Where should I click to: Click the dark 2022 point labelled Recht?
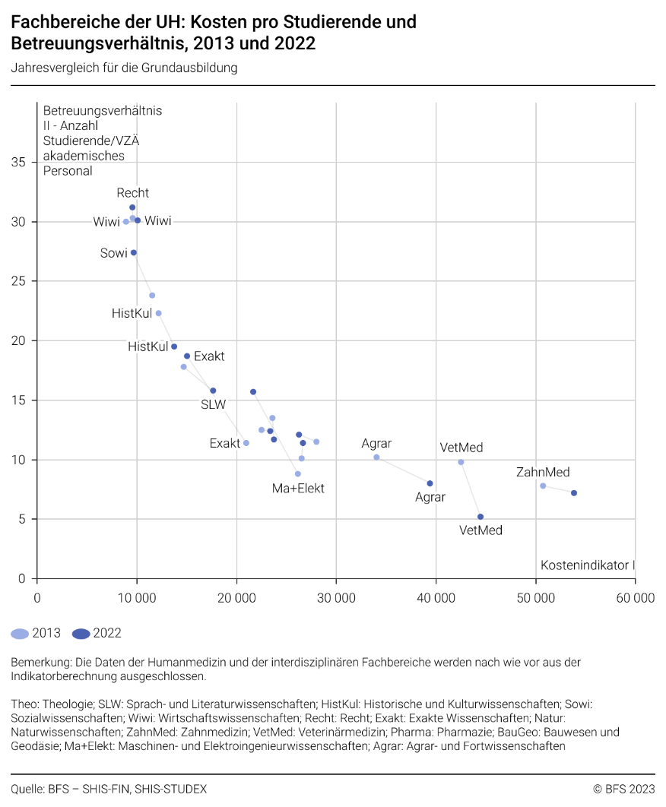132,207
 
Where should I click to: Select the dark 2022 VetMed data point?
480,517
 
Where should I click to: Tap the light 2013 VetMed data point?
461,462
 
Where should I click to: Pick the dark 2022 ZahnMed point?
574,493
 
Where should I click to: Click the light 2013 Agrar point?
376,457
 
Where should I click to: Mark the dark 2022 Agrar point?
430,483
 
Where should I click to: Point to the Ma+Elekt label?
298,489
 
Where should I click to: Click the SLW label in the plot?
213,405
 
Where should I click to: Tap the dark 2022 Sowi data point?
134,253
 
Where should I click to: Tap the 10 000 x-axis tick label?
137,598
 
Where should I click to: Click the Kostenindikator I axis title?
587,565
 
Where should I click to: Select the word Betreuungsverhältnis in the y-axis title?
103,111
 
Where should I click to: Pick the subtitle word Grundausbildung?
196,68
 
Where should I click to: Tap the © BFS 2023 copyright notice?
623,789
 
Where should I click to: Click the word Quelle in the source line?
27,789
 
